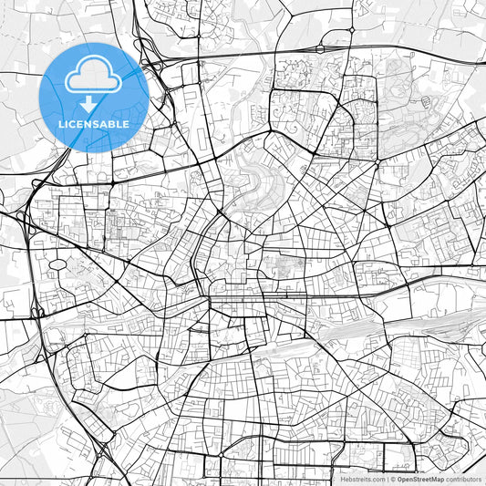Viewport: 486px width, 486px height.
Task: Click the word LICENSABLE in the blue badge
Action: (95, 124)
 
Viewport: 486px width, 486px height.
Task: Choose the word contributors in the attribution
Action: (464, 479)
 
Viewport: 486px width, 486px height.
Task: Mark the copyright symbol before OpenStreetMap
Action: (392, 479)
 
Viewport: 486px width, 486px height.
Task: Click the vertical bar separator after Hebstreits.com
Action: (387, 479)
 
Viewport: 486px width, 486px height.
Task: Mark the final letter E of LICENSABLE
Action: (126, 124)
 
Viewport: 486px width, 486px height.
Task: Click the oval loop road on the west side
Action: (57, 264)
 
